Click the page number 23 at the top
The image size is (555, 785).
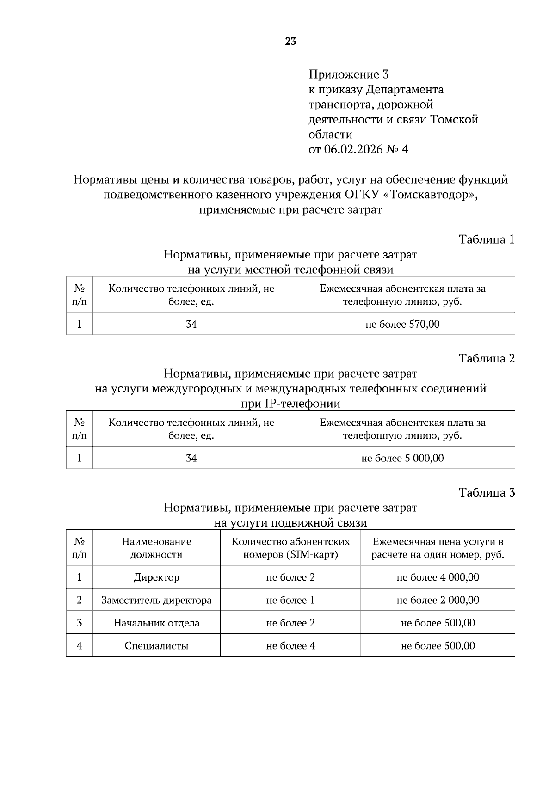click(x=290, y=41)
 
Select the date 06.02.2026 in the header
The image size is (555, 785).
click(x=353, y=149)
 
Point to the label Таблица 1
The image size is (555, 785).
click(x=487, y=239)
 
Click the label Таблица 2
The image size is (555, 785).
click(x=487, y=358)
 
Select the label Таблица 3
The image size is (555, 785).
click(x=487, y=492)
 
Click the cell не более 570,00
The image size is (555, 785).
click(x=402, y=324)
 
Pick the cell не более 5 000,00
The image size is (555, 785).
click(x=402, y=458)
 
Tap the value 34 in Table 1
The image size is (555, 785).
click(x=191, y=324)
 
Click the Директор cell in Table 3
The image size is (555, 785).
click(x=156, y=577)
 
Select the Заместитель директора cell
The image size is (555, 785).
click(x=156, y=600)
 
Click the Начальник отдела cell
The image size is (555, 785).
click(x=156, y=623)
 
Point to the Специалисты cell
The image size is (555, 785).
click(x=156, y=646)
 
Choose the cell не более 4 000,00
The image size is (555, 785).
click(x=438, y=577)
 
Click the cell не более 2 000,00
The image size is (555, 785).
click(x=438, y=600)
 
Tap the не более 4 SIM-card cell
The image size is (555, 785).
click(x=290, y=646)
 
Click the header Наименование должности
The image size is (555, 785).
click(x=156, y=548)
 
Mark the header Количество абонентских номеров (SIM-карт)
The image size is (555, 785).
click(x=290, y=548)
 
